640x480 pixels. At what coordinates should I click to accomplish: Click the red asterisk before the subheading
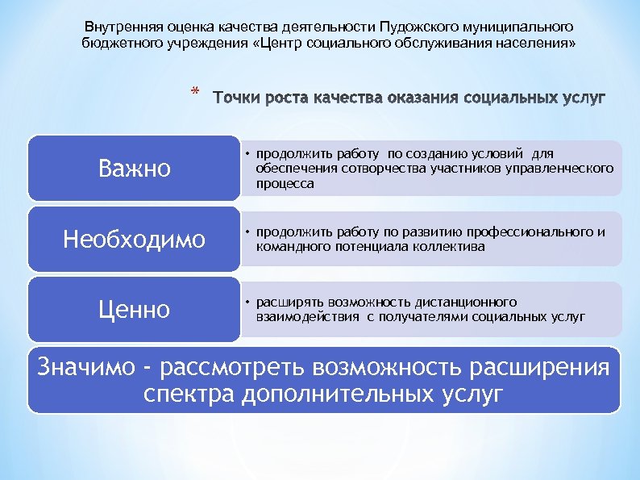pyautogui.click(x=194, y=92)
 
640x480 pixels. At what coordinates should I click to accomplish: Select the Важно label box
pyautogui.click(x=134, y=169)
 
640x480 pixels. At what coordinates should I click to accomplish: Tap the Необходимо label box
pyautogui.click(x=134, y=240)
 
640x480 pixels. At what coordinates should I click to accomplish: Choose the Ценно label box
pyautogui.click(x=134, y=310)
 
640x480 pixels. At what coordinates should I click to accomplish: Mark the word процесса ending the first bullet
pyautogui.click(x=285, y=183)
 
